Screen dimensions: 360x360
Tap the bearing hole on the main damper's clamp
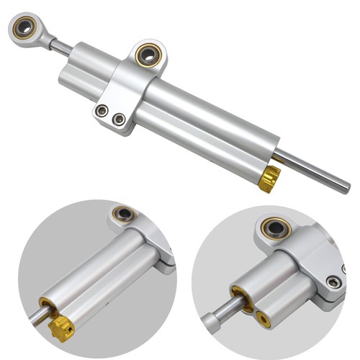point(150,53)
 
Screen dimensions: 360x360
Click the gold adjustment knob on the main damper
point(270,178)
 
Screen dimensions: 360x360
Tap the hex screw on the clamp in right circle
point(333,282)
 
